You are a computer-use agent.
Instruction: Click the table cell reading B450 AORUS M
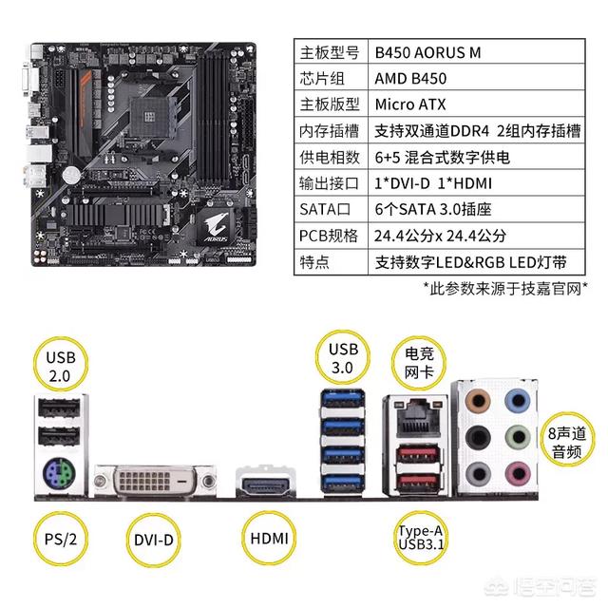pos(476,51)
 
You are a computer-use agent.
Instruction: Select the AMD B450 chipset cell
pos(476,78)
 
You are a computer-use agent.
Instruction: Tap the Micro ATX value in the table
pos(476,104)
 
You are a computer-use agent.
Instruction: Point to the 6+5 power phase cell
pos(476,157)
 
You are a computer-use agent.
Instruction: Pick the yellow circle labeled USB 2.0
pos(61,365)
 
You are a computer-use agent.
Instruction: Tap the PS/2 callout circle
pos(61,539)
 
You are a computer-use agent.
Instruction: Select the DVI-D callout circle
pos(154,541)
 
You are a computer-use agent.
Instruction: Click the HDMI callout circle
pos(269,539)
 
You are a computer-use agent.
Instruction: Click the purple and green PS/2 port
pos(59,474)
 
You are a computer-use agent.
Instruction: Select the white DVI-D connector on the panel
pos(155,481)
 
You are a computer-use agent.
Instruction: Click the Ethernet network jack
pos(418,419)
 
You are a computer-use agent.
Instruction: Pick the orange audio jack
pos(477,401)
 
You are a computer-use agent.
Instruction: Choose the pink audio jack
pos(518,473)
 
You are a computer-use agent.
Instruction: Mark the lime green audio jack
pos(518,437)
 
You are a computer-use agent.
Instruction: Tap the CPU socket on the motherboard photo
pos(149,115)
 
